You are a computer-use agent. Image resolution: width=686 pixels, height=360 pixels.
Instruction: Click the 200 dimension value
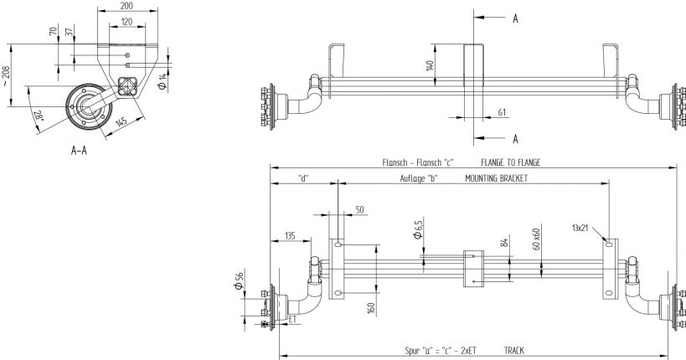[126, 5]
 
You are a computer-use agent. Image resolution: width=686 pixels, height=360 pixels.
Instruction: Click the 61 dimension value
[502, 111]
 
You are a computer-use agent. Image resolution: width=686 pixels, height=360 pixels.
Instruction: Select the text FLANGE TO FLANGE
[510, 162]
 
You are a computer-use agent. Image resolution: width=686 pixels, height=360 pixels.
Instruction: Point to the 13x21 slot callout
[579, 227]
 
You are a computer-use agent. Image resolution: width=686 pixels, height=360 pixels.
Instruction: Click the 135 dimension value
[289, 235]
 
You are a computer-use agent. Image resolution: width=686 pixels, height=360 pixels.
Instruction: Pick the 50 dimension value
[358, 211]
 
